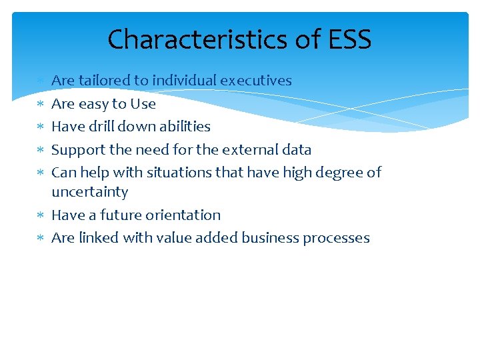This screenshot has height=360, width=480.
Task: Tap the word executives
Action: click(256, 81)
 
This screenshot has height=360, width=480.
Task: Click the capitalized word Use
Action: click(143, 104)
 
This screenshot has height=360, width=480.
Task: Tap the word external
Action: click(249, 149)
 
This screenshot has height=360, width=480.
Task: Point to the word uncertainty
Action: click(89, 192)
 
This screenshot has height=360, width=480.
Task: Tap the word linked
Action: click(95, 238)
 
